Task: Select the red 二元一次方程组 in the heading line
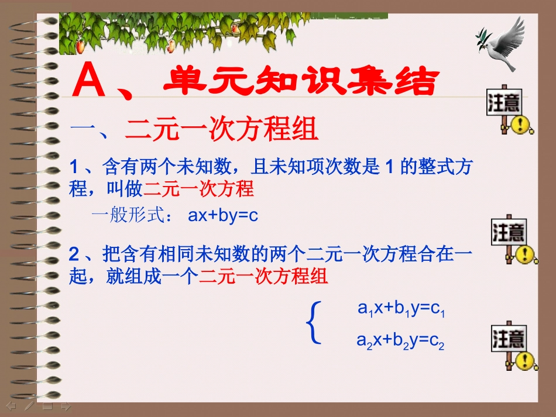[x=222, y=130]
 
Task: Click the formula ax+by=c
[x=223, y=215]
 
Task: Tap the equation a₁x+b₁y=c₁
[x=402, y=308]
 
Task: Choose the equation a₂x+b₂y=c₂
[x=401, y=341]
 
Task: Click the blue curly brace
[x=314, y=322]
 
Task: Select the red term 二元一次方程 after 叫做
[x=198, y=189]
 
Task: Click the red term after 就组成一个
[x=263, y=276]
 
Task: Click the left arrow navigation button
[x=11, y=405]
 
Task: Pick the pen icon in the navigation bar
[x=29, y=405]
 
